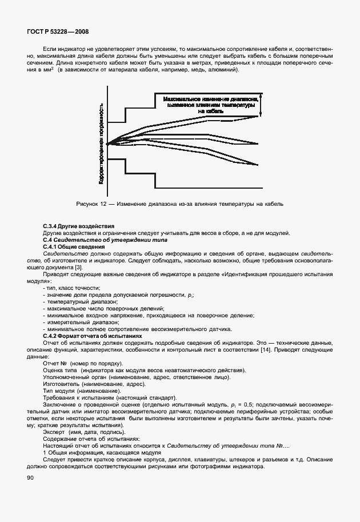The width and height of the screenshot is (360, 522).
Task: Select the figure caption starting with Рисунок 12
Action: [180, 204]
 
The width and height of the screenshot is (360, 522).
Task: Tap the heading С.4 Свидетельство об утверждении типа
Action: [91, 240]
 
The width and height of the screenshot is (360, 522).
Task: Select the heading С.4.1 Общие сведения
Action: [74, 246]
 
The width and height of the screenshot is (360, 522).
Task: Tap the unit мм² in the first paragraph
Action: [47, 70]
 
